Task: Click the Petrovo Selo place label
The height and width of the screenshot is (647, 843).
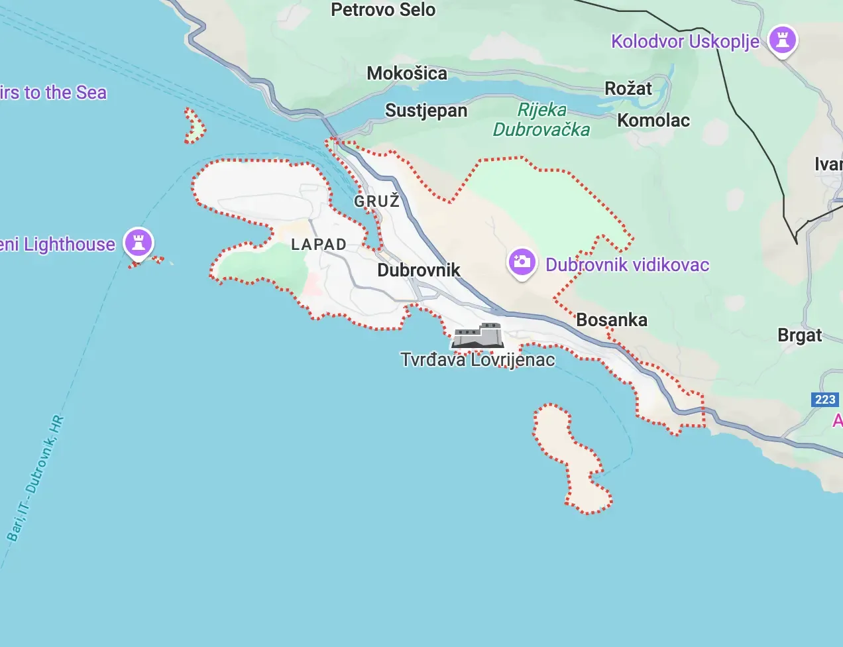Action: (x=383, y=10)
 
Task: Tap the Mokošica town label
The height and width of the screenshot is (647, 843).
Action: (x=407, y=73)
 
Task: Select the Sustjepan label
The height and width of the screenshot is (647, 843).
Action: (x=426, y=110)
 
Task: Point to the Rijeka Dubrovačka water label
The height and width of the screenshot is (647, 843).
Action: (x=541, y=119)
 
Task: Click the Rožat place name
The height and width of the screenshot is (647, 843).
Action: (x=628, y=88)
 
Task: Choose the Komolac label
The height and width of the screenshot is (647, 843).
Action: (x=653, y=120)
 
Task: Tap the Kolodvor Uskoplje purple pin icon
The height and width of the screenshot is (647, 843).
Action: (x=783, y=40)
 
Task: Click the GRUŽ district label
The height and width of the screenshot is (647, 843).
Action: (x=377, y=201)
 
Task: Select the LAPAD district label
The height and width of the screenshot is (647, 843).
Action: (x=319, y=244)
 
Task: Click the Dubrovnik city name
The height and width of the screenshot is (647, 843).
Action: (x=419, y=270)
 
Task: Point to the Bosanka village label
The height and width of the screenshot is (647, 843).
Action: (x=612, y=320)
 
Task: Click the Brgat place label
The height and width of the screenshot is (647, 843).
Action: (x=800, y=335)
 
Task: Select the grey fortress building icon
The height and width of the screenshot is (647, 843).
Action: (x=478, y=336)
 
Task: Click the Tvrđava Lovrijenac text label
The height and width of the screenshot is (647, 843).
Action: (x=478, y=359)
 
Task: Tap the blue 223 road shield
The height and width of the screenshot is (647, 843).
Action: (x=825, y=399)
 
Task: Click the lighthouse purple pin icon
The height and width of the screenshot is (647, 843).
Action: (x=139, y=242)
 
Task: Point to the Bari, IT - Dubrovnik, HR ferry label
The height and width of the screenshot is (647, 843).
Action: (x=36, y=478)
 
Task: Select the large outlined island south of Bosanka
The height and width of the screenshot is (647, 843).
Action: (x=570, y=457)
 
